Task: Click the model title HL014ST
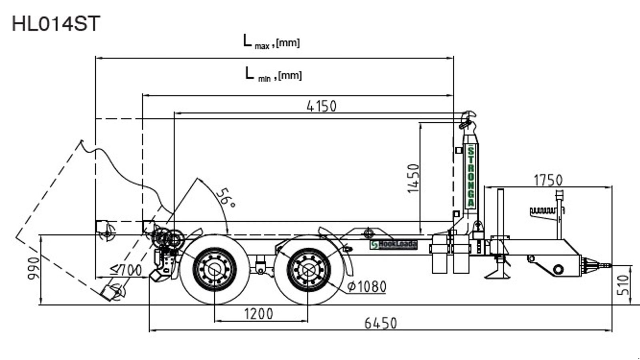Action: click(x=56, y=24)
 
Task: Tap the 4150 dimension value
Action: click(x=322, y=106)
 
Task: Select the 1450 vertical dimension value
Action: click(x=414, y=178)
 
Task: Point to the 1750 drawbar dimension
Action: click(x=548, y=180)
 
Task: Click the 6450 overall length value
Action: click(x=380, y=323)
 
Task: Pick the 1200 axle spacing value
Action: click(x=259, y=314)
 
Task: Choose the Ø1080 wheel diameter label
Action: click(x=367, y=287)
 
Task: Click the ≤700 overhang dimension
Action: click(x=126, y=270)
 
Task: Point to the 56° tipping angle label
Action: click(x=226, y=198)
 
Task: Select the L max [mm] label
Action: click(x=272, y=42)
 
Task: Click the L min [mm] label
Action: click(x=274, y=74)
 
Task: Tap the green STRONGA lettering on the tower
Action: click(x=471, y=176)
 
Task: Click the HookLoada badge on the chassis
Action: click(x=393, y=244)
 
